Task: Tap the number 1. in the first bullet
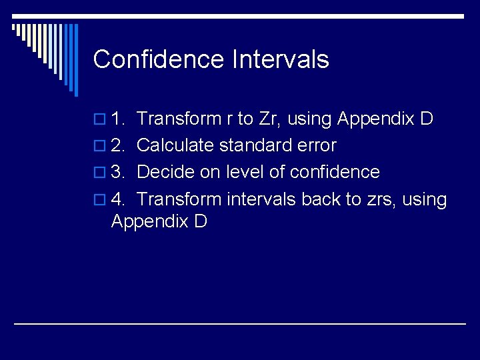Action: (119, 119)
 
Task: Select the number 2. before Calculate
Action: (119, 146)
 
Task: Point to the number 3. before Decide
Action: (119, 173)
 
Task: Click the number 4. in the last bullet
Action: (119, 199)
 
